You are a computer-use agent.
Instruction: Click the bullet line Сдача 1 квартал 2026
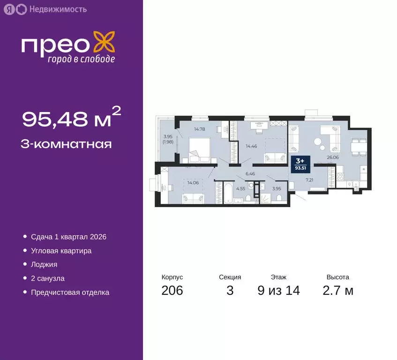point(68,237)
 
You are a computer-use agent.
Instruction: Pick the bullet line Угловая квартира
point(61,250)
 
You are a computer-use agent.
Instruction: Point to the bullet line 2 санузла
point(47,278)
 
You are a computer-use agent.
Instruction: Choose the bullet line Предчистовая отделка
point(70,292)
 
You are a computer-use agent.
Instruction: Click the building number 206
point(172,291)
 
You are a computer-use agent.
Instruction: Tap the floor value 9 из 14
point(278,291)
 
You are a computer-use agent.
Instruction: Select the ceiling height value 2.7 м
point(338,291)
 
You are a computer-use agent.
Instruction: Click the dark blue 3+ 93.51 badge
point(302,165)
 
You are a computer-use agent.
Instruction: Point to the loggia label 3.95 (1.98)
point(168,139)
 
